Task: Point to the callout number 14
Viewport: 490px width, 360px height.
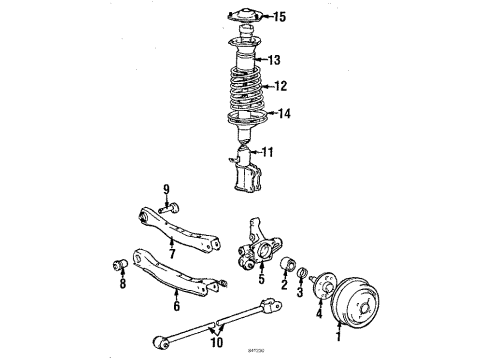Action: coord(284,114)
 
